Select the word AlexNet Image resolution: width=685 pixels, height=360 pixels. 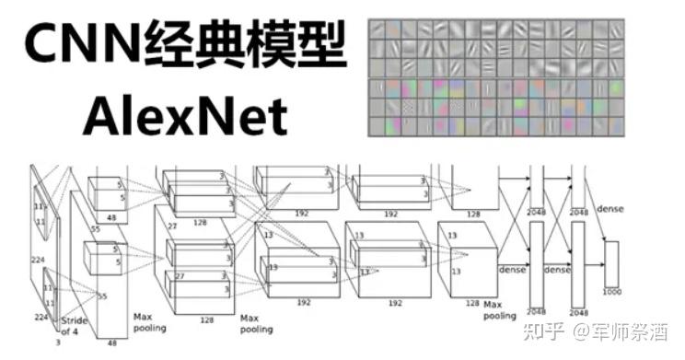pos(184,116)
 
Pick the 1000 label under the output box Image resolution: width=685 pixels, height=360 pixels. pos(611,292)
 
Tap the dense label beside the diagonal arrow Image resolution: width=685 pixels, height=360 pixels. pos(610,209)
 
